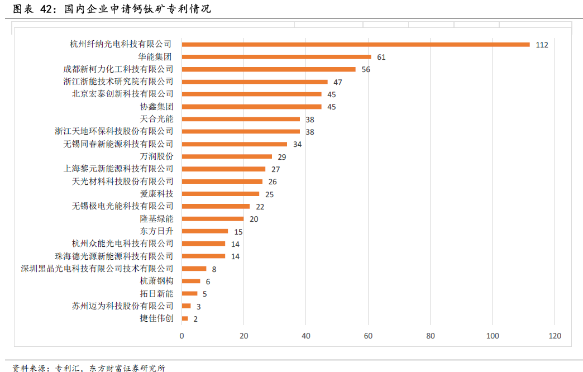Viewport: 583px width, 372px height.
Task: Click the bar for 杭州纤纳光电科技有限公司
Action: point(355,44)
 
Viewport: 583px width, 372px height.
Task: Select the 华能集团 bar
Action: point(276,56)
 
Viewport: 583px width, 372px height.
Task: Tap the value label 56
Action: point(366,69)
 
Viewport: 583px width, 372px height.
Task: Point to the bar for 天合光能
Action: point(241,119)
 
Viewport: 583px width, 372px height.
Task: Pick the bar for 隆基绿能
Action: point(213,218)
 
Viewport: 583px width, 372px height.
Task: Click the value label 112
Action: point(542,45)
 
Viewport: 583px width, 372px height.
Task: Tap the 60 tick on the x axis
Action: point(368,336)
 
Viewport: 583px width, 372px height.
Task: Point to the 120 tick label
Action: point(555,336)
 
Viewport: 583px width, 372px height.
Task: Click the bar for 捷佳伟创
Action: point(185,318)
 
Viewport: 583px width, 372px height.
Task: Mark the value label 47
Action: point(338,82)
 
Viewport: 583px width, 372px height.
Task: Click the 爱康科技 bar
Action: point(221,194)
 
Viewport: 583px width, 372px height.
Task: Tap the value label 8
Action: point(214,269)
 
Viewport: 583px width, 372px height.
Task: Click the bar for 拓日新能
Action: point(189,293)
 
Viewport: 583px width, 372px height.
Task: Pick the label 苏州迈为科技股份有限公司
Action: point(123,306)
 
